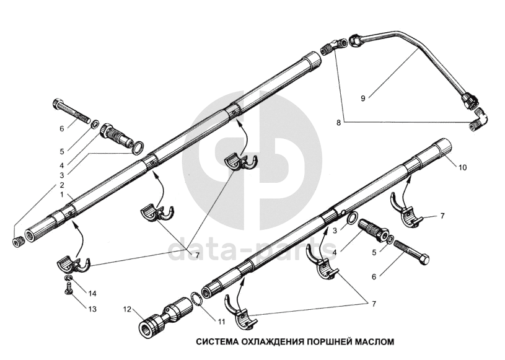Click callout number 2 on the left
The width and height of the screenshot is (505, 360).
tap(62, 184)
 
